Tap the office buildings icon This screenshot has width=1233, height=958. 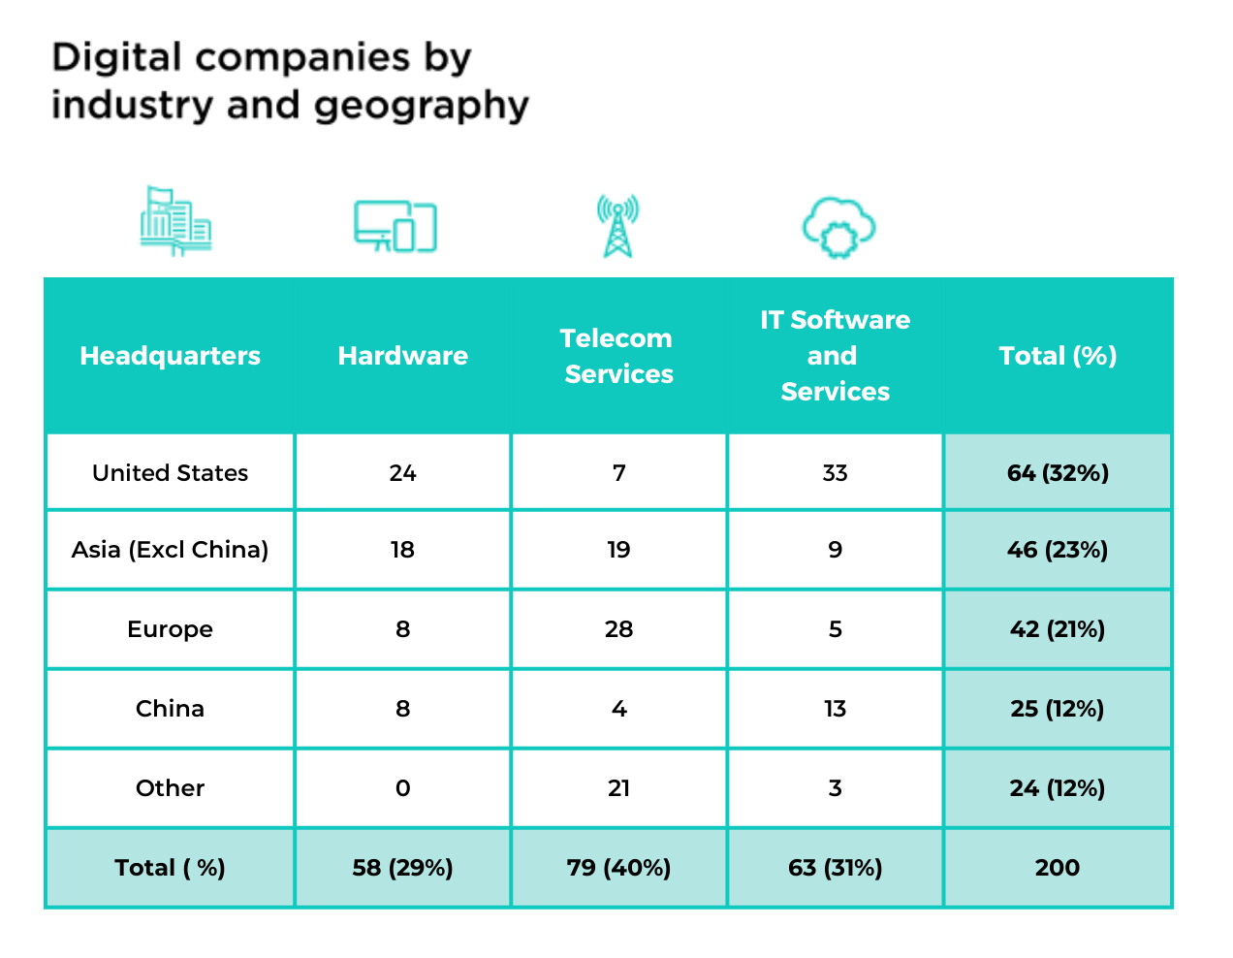[175, 222]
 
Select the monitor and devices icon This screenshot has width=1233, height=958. [395, 227]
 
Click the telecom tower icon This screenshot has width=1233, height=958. [617, 226]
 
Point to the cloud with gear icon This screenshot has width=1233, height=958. [838, 227]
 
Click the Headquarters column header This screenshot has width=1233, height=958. [170, 356]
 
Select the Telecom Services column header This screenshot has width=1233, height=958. [617, 356]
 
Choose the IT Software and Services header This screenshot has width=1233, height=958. [835, 356]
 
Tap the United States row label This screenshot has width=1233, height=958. [170, 473]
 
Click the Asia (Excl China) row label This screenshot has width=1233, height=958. [170, 550]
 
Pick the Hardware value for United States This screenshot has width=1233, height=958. [402, 473]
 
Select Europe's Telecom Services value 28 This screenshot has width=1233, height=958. [618, 629]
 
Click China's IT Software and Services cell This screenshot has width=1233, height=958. [835, 709]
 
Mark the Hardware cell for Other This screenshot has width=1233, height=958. [402, 788]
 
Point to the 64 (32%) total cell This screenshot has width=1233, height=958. [1058, 473]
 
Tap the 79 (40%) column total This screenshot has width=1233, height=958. [618, 868]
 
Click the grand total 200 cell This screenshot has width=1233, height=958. [1058, 868]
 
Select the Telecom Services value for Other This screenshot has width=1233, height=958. [618, 788]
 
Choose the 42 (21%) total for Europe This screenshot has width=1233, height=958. [1058, 629]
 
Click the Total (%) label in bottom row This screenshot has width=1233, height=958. [170, 868]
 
